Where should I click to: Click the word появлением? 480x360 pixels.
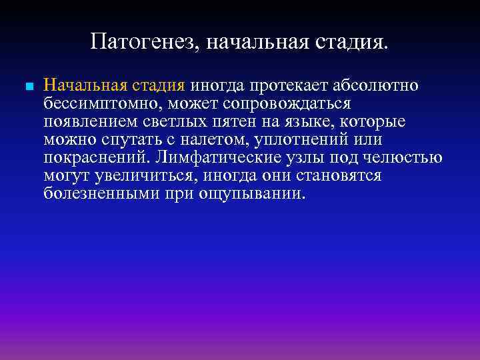pos(91,122)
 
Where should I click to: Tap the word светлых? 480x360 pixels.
pos(178,122)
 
